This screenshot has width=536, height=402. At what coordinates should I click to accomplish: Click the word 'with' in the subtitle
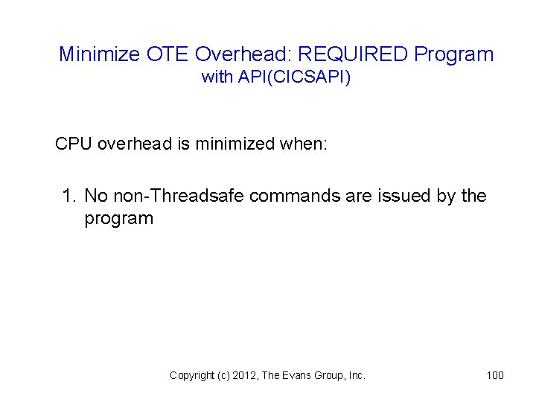[x=217, y=77]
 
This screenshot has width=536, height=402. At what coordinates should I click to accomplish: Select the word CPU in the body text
[x=74, y=144]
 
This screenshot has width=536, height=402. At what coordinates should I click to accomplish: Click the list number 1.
[x=69, y=196]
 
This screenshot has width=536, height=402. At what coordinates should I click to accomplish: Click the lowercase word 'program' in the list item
[x=118, y=219]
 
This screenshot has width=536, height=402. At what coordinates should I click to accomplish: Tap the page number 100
[x=495, y=375]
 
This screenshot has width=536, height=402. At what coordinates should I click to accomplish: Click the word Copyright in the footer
[x=192, y=375]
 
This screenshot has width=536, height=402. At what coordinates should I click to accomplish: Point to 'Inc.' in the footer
[x=355, y=375]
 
